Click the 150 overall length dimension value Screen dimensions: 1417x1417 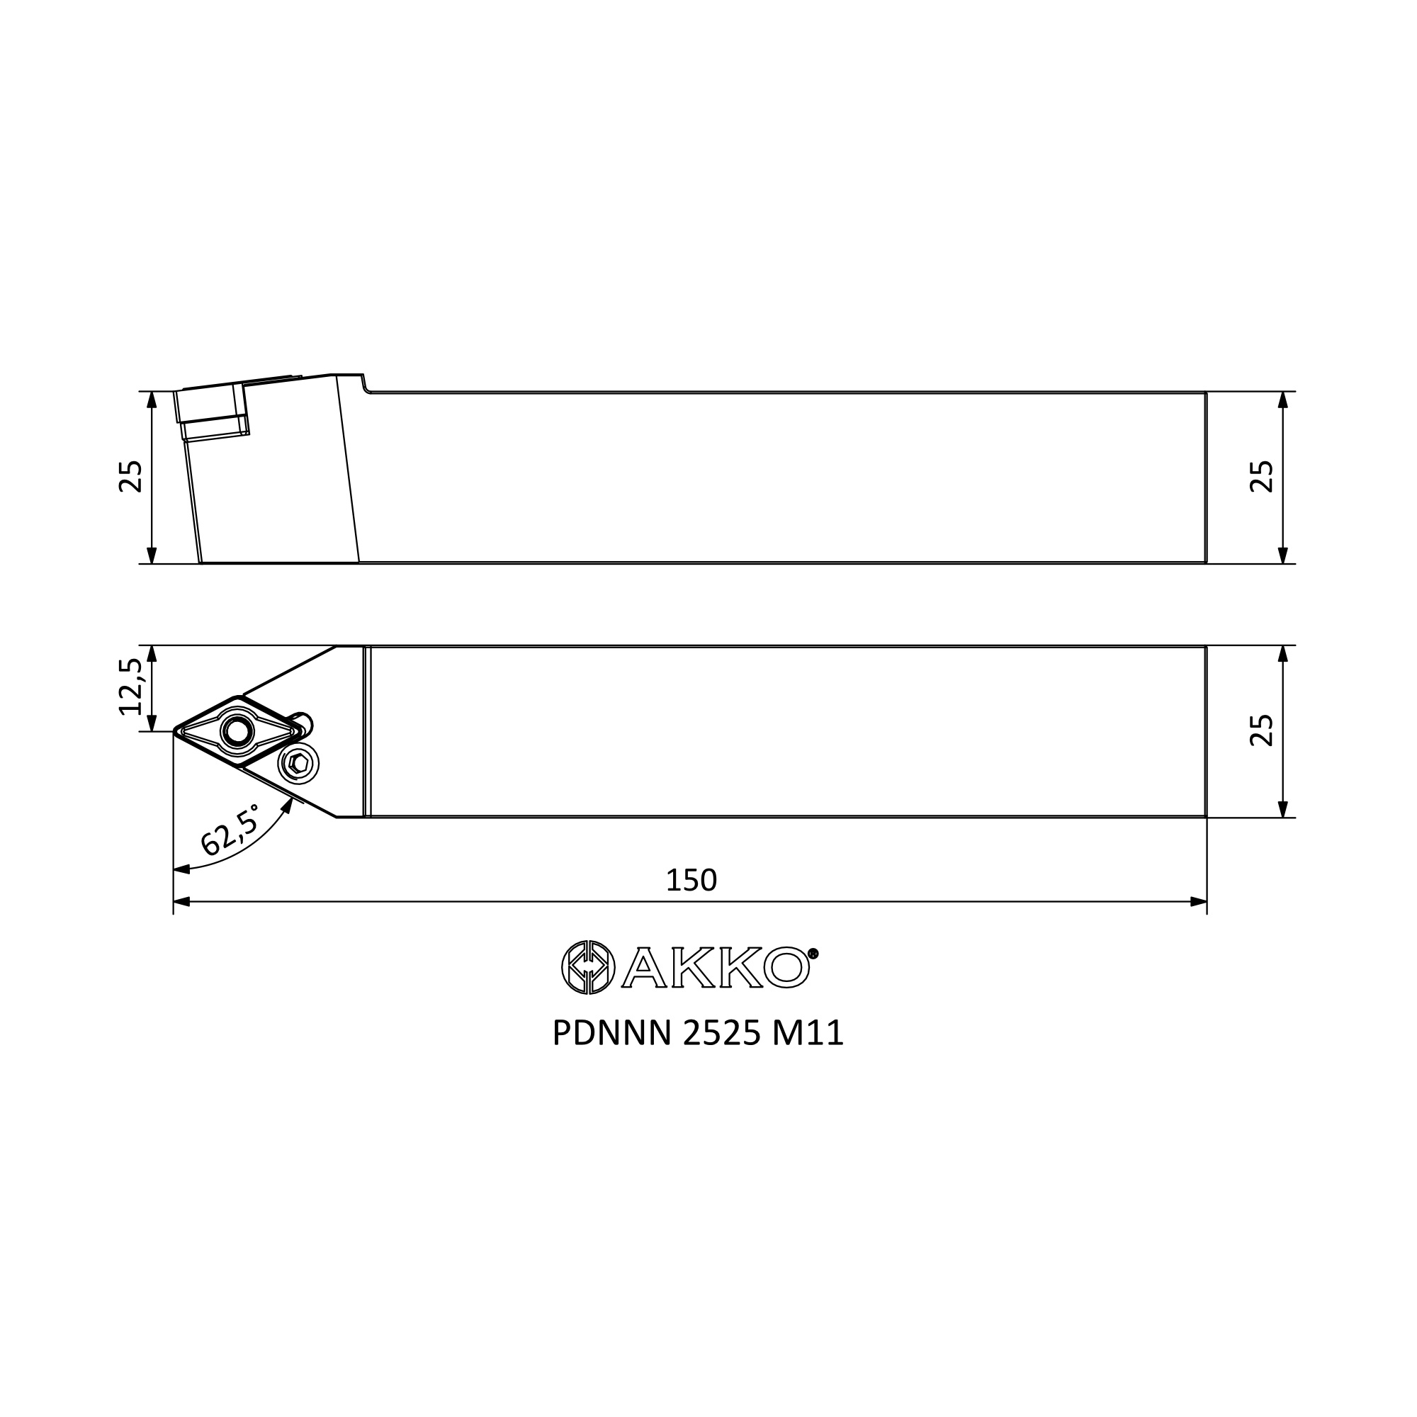(691, 880)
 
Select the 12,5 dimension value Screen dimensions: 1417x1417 (130, 687)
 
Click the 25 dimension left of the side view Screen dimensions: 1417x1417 (130, 477)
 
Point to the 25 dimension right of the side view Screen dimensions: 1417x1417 (1262, 477)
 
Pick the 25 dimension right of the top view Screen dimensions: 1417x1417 (1262, 730)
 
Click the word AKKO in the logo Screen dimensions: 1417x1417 (716, 968)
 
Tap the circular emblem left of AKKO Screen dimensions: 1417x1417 (585, 967)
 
